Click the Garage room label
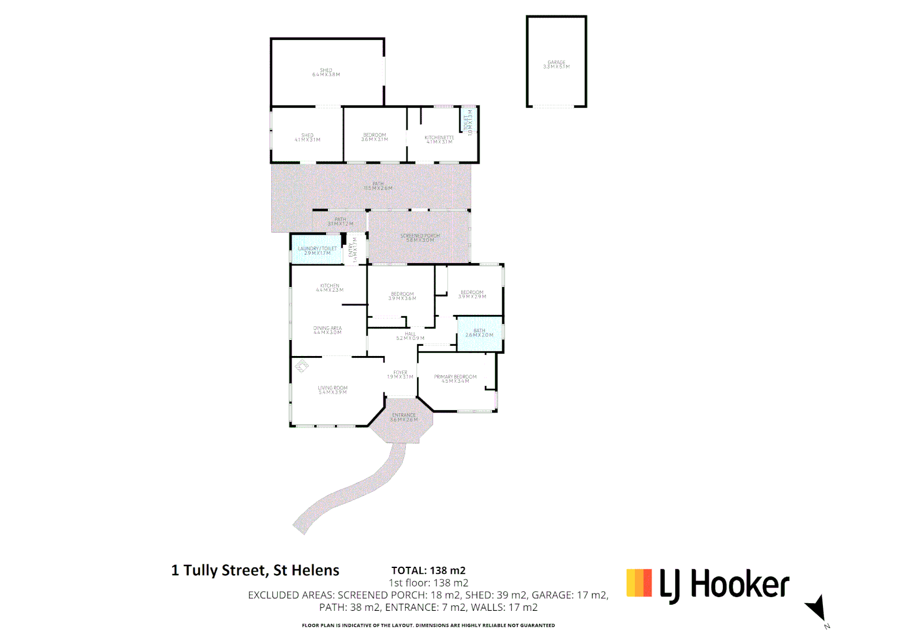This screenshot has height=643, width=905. [x=556, y=64]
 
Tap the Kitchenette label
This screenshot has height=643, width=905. [x=439, y=139]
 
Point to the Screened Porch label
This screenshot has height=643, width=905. [x=420, y=238]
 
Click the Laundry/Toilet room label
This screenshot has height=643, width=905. [x=317, y=251]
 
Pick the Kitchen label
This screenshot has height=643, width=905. [x=330, y=288]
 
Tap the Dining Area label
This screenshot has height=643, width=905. [x=327, y=330]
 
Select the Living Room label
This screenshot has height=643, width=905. [x=333, y=390]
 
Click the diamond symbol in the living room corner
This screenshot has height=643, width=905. [x=302, y=366]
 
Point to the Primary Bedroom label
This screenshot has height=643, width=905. [x=455, y=379]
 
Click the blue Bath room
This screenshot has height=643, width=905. [x=480, y=333]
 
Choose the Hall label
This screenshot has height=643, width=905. [x=410, y=336]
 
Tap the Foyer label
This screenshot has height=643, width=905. [x=400, y=374]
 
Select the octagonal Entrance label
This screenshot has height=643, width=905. [x=403, y=417]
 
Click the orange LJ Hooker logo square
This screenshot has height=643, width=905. [x=639, y=583]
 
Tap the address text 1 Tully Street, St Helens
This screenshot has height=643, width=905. [x=255, y=570]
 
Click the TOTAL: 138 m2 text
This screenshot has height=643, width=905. [x=428, y=570]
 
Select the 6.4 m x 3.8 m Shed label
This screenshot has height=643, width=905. [x=326, y=73]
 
